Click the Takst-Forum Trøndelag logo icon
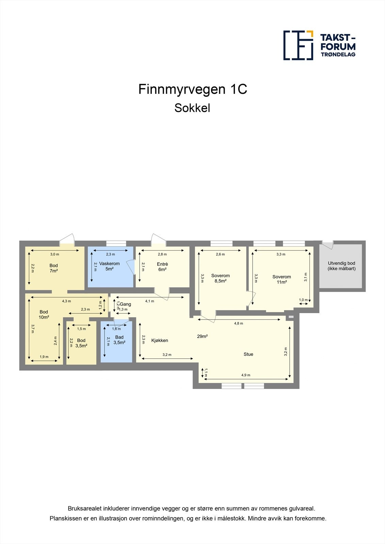point(298,45)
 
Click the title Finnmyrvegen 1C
point(193,89)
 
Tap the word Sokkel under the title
point(192,108)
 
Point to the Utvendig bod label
point(341,266)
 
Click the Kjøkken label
point(160,340)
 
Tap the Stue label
point(248,354)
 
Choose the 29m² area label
point(202,336)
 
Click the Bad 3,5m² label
point(119,340)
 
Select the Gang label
point(126,304)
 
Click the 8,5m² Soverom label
point(220,278)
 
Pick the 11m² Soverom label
point(282,279)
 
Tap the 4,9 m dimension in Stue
point(246,375)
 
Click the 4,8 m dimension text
point(239,323)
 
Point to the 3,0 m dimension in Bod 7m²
point(55,254)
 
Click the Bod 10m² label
point(44,314)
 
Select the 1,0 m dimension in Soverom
point(303,300)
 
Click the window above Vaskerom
point(116,243)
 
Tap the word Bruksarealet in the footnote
point(84,508)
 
